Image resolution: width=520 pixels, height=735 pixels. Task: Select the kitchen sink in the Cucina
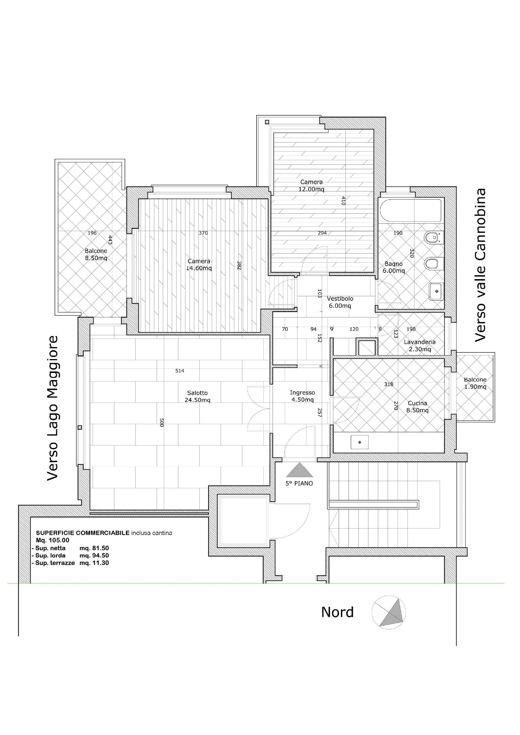point(360,442)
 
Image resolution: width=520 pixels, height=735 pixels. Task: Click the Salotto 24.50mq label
point(198,396)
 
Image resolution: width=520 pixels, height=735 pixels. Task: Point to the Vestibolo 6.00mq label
point(340,302)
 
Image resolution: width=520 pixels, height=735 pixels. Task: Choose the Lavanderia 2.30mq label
point(420,345)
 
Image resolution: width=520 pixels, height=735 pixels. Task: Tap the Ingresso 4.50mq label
point(302,396)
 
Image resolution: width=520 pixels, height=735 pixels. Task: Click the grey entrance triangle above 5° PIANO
point(300,470)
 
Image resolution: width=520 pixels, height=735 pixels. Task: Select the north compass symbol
point(389,612)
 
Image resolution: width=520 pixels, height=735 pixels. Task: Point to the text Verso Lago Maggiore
point(53,408)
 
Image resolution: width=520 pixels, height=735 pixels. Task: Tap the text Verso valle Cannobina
point(480,265)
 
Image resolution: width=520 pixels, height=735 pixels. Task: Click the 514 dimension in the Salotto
point(180,371)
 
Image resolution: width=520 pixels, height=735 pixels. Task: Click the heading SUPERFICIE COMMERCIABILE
point(83,533)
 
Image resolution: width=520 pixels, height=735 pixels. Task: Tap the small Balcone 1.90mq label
point(475,383)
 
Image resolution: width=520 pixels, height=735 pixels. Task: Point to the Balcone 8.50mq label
point(96,254)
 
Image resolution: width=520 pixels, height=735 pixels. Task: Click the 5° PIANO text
point(299,483)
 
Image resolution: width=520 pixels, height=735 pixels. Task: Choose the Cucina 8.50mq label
point(417,406)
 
